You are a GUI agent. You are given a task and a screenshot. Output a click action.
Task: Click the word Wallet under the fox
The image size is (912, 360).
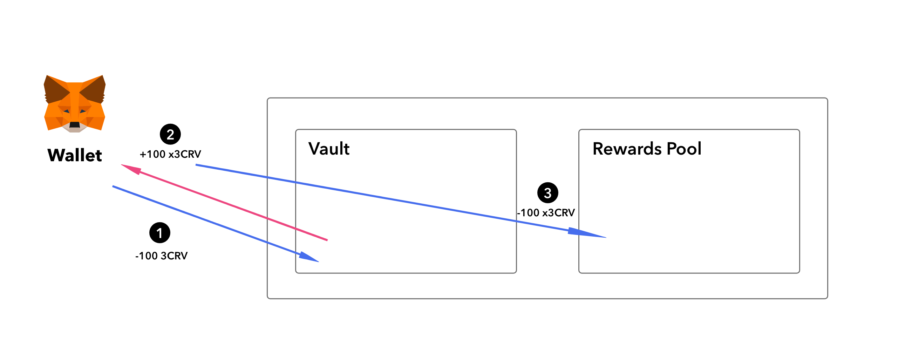point(75,155)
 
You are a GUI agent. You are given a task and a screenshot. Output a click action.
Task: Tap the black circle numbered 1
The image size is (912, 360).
point(160,233)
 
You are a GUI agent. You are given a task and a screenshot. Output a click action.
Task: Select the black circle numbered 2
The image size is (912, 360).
point(170,135)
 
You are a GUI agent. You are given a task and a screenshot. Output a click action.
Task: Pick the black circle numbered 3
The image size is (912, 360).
point(548,193)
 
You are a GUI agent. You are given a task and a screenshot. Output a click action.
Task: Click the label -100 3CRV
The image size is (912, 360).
point(162,256)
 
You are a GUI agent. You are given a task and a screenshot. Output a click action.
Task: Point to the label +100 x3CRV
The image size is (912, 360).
point(170,154)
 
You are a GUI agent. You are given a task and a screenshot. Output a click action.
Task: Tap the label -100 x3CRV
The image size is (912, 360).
point(546,213)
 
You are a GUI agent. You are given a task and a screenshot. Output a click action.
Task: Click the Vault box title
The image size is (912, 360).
point(329,149)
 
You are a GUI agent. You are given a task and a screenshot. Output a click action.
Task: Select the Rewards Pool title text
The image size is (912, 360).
point(647,149)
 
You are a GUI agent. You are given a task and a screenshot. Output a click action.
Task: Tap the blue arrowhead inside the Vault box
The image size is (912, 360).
point(309,257)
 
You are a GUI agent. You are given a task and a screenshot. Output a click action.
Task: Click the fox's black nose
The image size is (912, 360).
point(75,124)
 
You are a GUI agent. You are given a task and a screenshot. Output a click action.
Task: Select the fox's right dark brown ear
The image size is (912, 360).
point(93,89)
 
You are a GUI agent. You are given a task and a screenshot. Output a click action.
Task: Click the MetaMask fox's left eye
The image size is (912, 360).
point(66,111)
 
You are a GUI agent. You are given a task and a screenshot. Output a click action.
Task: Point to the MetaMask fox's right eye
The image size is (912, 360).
point(83,111)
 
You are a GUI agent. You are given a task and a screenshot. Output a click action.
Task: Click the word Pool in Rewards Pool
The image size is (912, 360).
point(684,149)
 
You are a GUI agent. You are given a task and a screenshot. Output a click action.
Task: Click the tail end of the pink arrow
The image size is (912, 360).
point(327,240)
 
